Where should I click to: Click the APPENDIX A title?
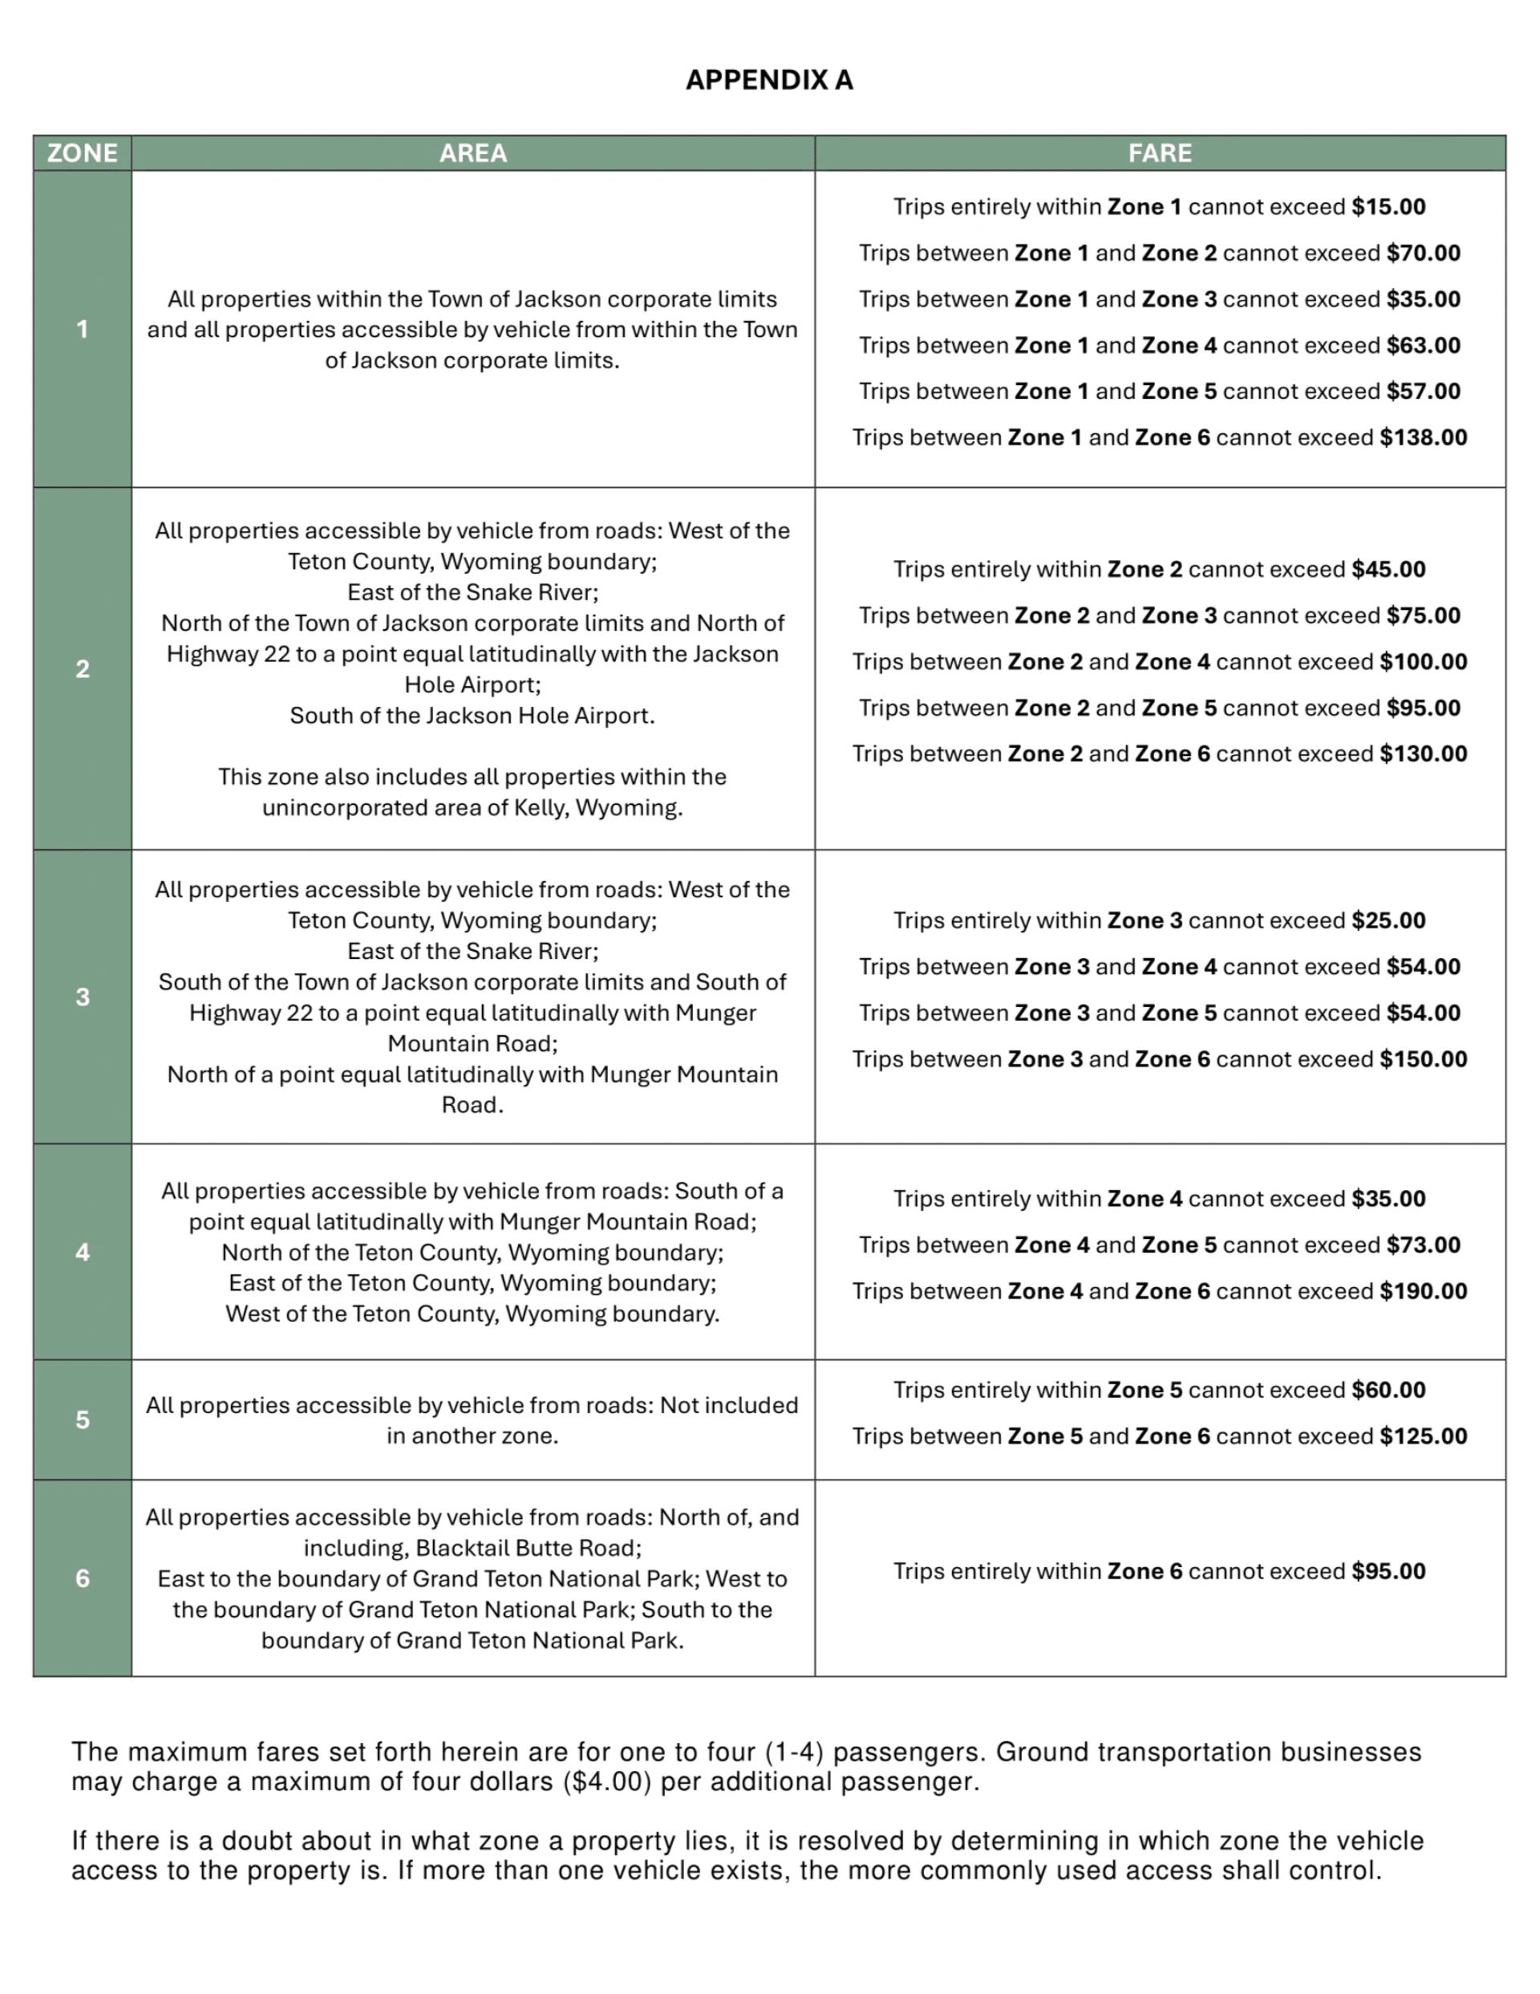[769, 80]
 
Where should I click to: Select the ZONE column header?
[82, 153]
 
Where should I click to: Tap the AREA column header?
[473, 153]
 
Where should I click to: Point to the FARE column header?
[1159, 153]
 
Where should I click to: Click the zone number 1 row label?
[82, 329]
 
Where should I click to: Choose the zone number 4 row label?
[82, 1252]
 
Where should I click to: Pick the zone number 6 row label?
[82, 1578]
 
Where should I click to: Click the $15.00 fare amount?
[1388, 207]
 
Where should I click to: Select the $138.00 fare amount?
[1423, 437]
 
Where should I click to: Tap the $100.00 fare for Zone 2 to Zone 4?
[1423, 662]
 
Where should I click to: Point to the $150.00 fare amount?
[1423, 1059]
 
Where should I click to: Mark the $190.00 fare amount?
[1423, 1291]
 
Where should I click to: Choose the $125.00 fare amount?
[1423, 1436]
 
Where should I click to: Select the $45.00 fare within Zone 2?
[1388, 570]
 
